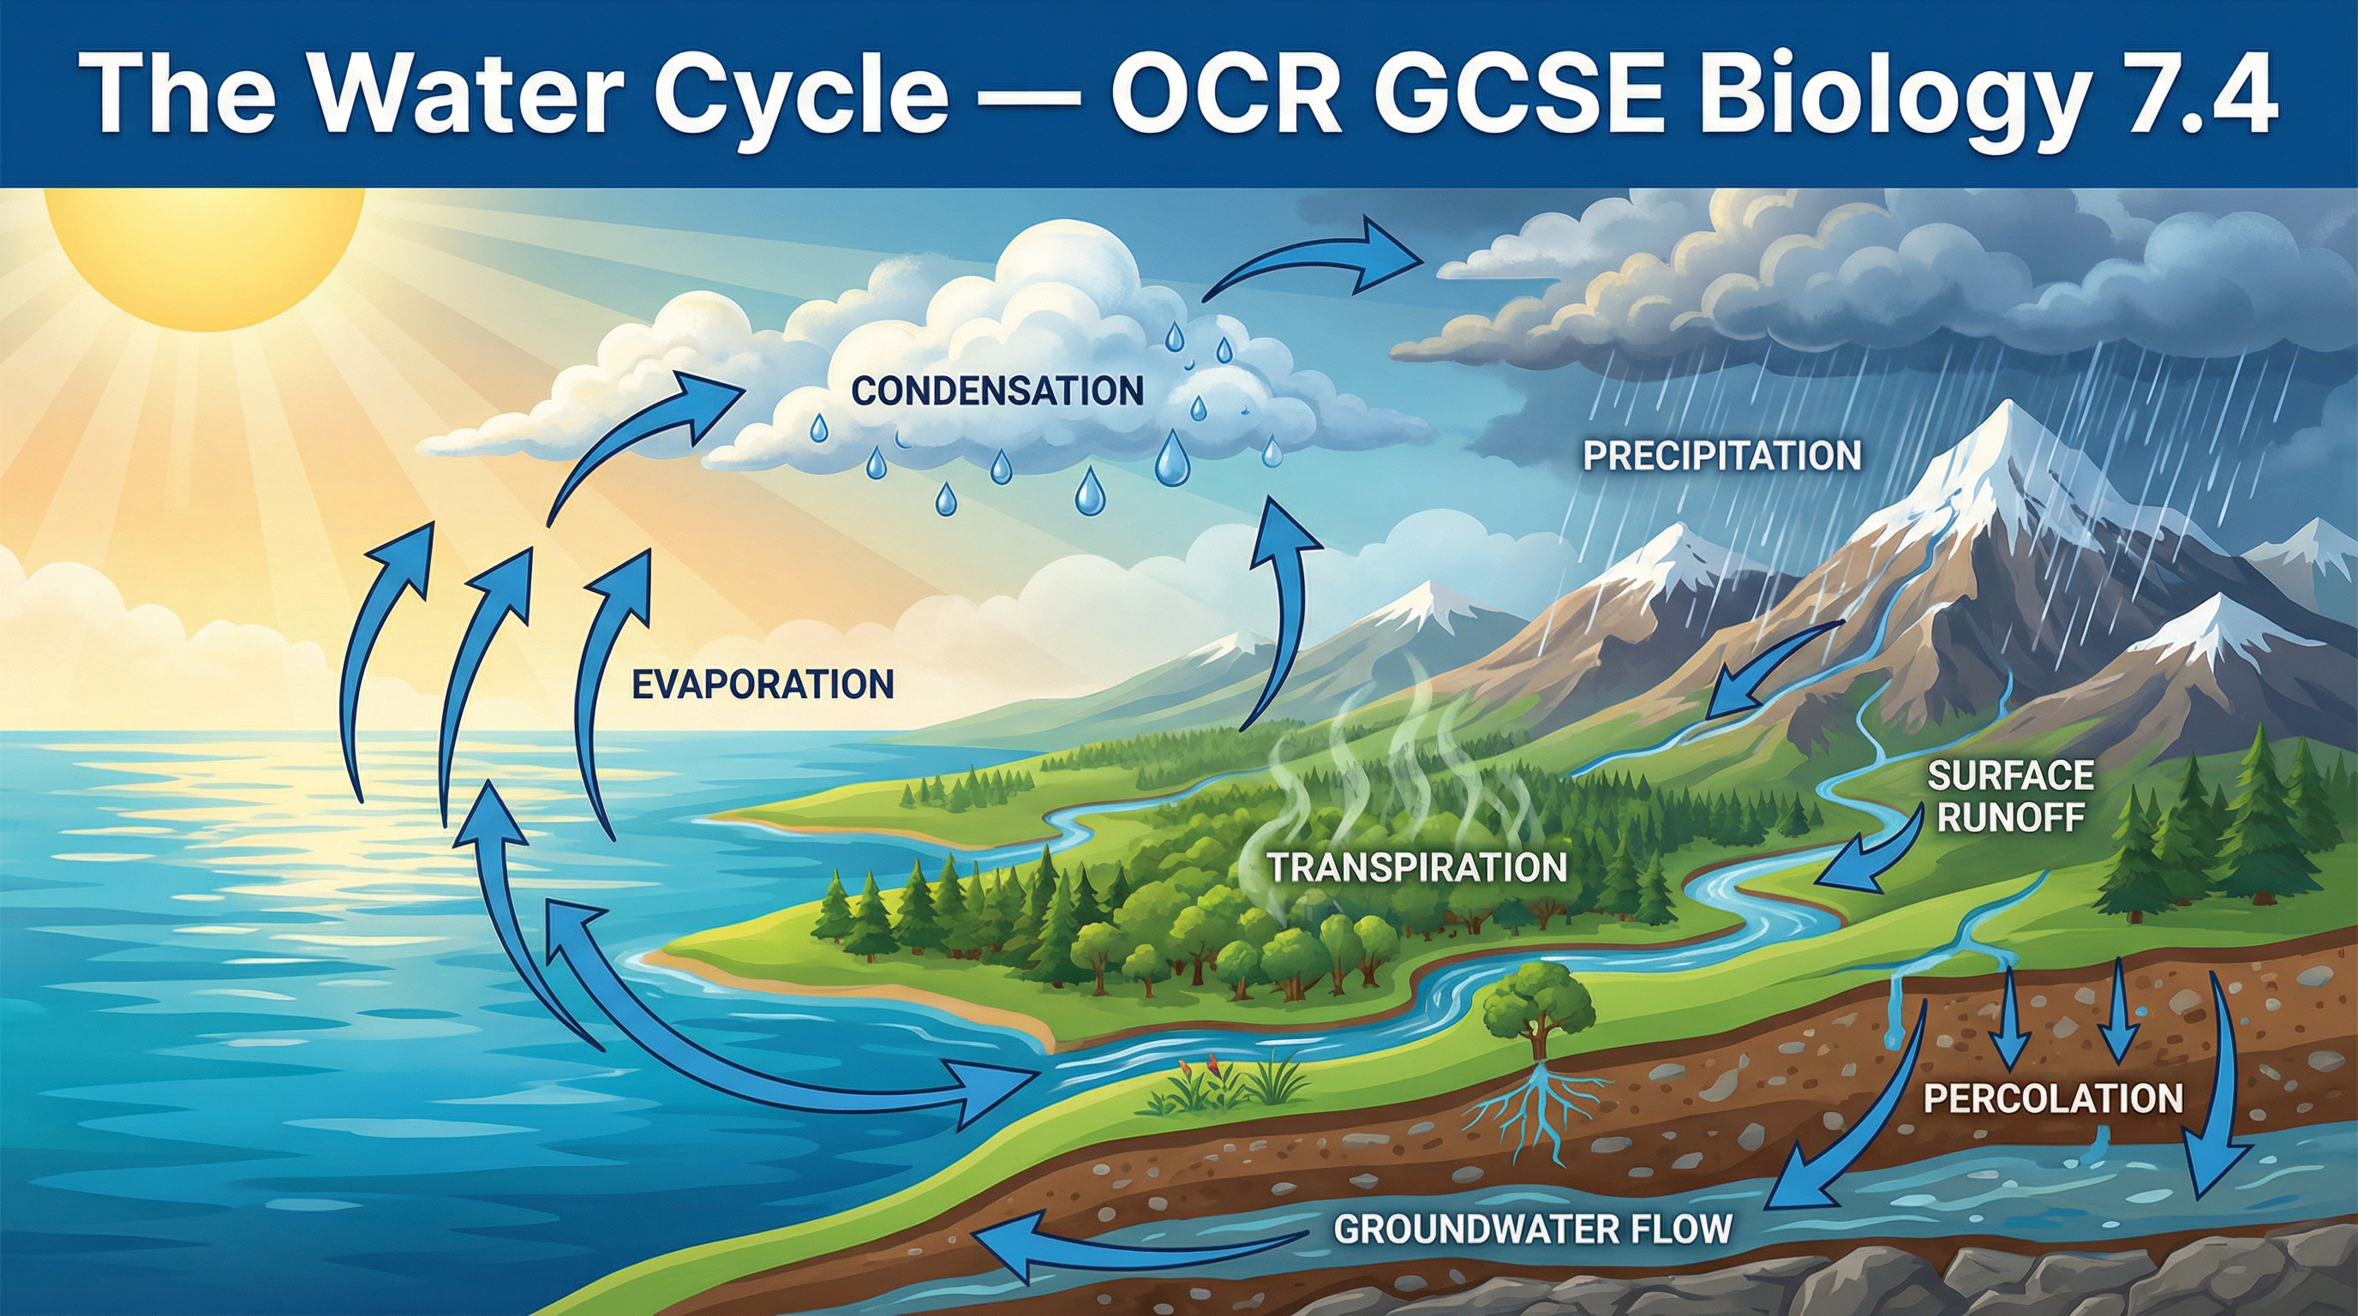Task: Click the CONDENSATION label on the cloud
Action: [x=996, y=392]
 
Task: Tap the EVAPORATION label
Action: [x=763, y=685]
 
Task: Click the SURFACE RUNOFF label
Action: [x=2011, y=795]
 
